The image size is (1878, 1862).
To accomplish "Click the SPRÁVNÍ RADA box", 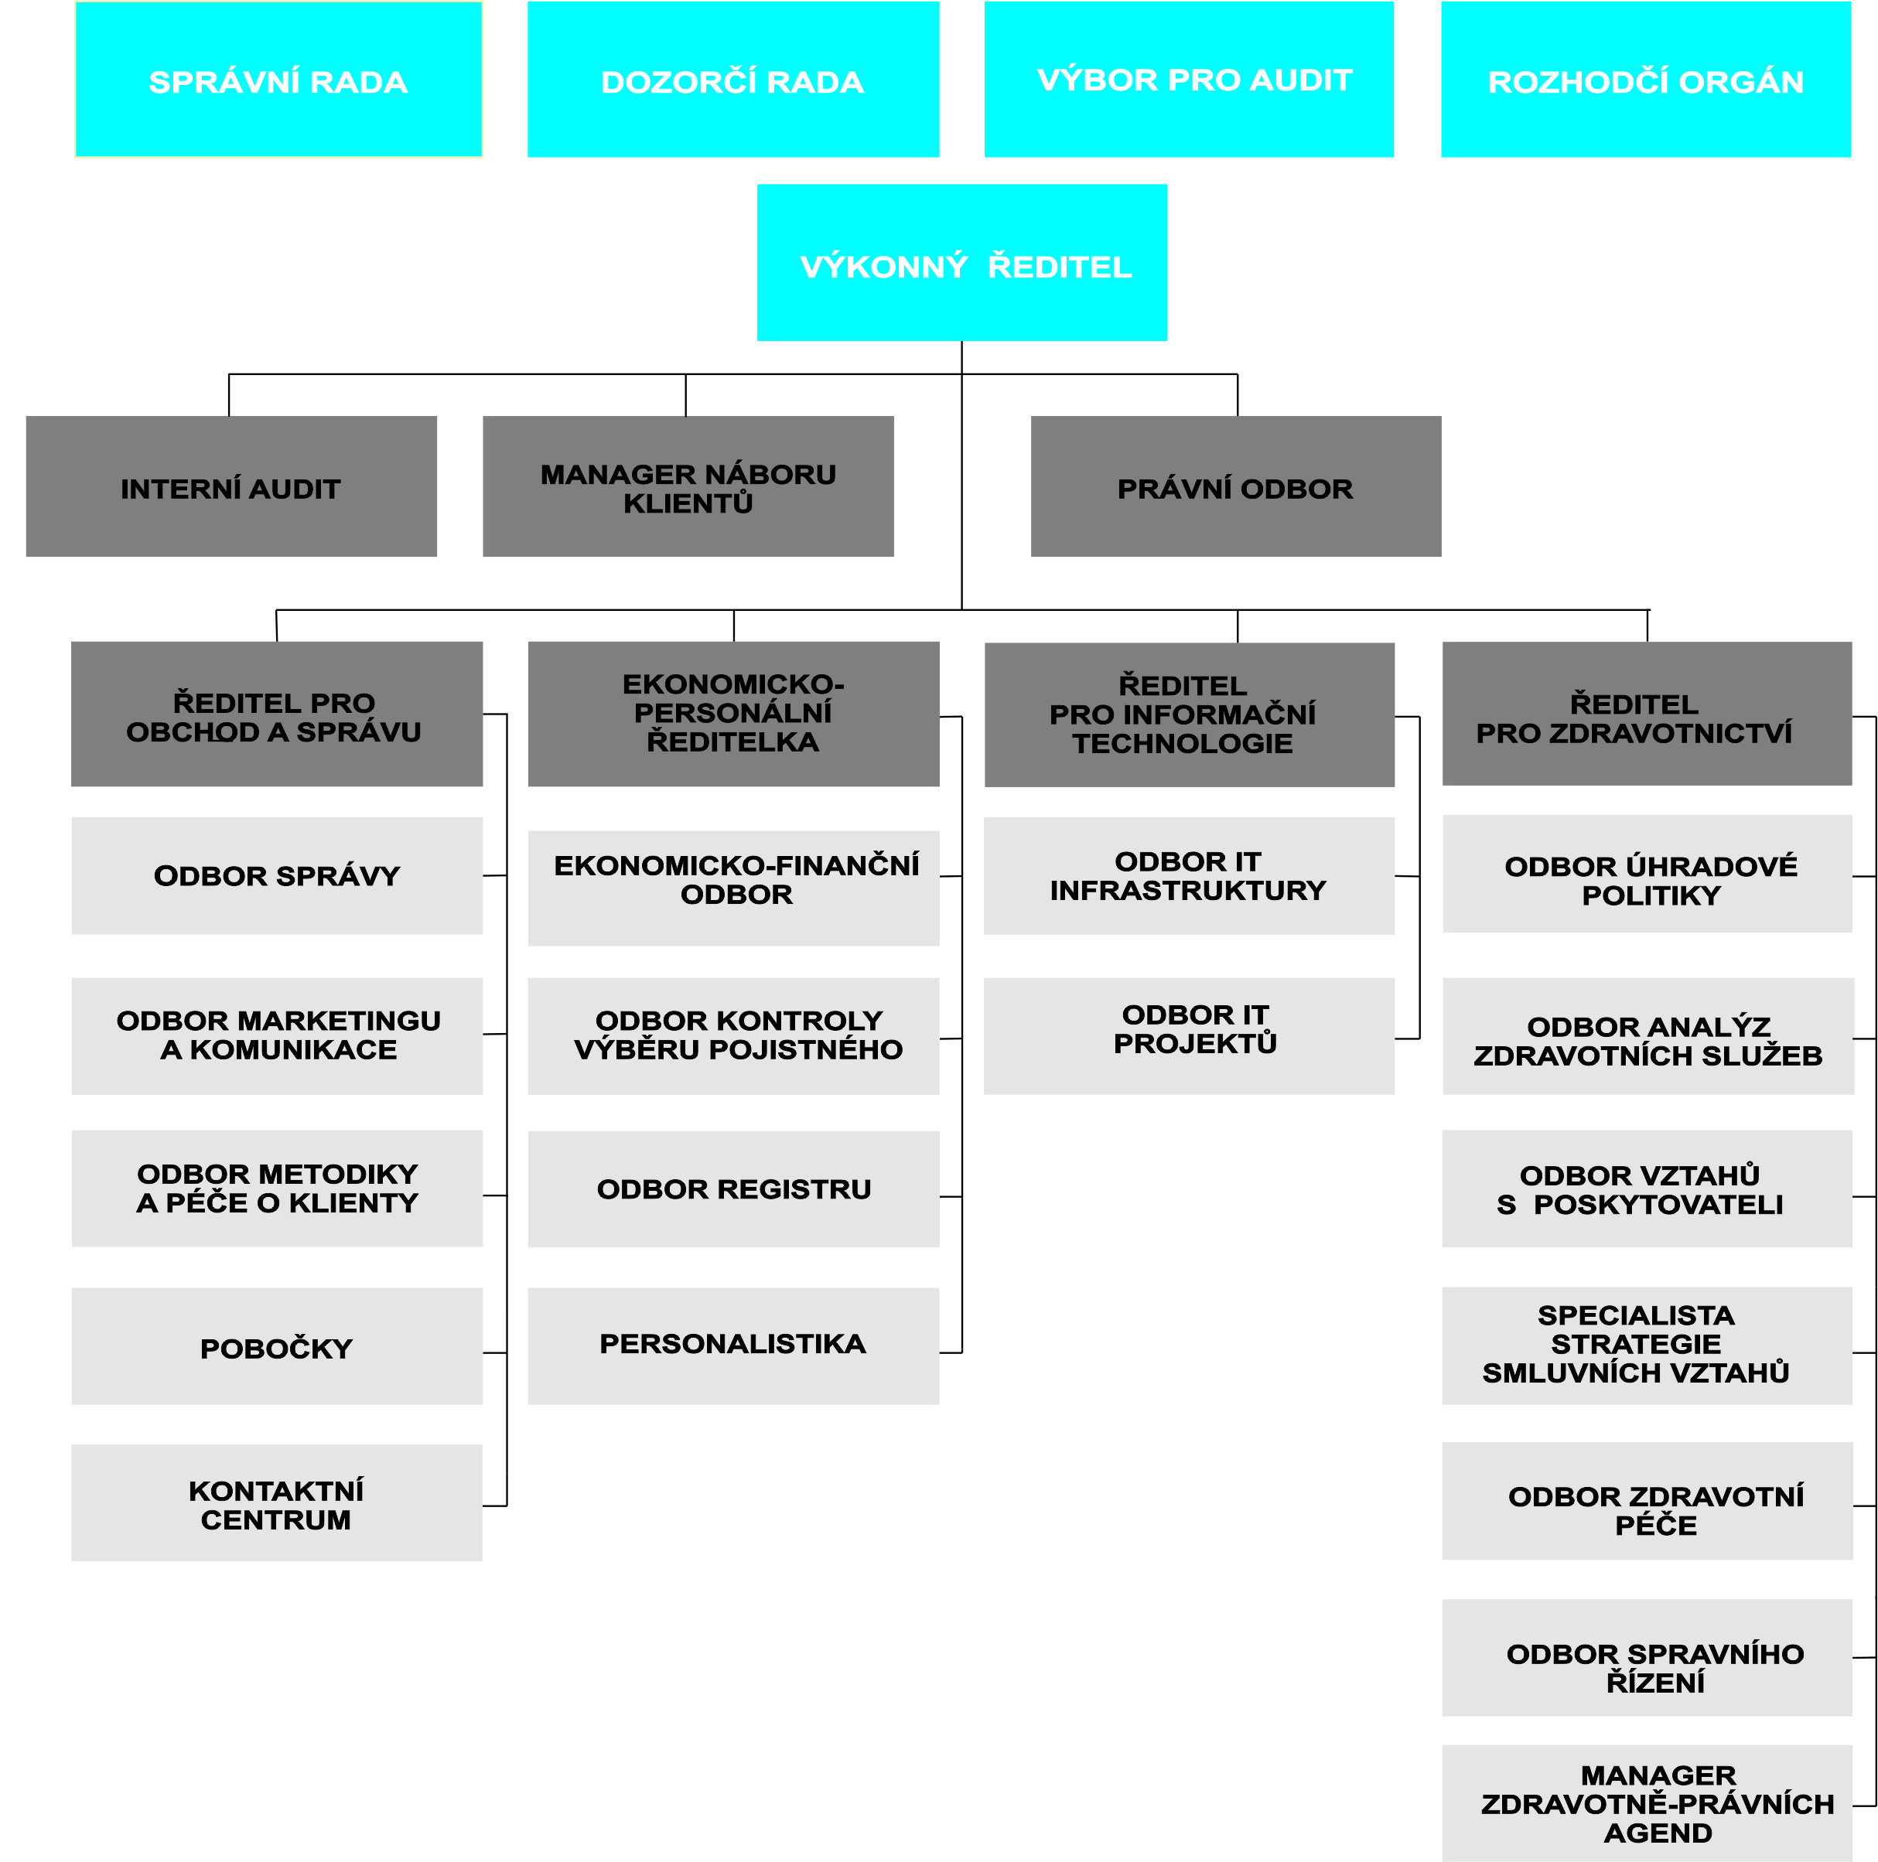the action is (x=278, y=79).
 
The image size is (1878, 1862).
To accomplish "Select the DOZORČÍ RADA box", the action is (x=733, y=79).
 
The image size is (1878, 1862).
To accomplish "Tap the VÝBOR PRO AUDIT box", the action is (x=1189, y=79).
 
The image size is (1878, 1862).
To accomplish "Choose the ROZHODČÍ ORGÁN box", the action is (x=1646, y=79).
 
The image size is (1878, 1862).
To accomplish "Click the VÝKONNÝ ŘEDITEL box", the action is (x=962, y=262).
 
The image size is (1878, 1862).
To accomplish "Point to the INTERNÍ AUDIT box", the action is (x=231, y=486).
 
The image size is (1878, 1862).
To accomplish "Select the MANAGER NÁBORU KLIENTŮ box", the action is (x=688, y=486).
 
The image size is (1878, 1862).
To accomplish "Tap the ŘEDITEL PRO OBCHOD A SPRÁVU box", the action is (x=277, y=713).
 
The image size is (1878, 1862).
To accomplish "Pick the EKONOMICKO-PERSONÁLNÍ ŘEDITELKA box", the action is (x=734, y=713).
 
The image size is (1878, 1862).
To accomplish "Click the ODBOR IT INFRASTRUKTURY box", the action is (x=1189, y=875).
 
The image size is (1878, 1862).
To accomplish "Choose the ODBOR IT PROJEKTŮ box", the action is (x=1189, y=1036).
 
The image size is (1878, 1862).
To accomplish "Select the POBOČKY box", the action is (x=277, y=1346).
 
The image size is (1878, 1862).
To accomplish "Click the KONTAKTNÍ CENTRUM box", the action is (x=277, y=1502).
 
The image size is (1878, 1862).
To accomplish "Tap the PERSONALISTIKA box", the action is (x=734, y=1346).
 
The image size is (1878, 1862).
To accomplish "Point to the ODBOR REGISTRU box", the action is (x=734, y=1188).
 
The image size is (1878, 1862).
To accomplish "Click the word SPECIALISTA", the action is (x=1636, y=1315).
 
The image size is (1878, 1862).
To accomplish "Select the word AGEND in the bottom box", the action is (x=1658, y=1833).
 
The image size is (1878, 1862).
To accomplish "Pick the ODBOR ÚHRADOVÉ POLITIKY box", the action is (x=1648, y=874).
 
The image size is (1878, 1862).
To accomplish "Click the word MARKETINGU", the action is (x=340, y=1021).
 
